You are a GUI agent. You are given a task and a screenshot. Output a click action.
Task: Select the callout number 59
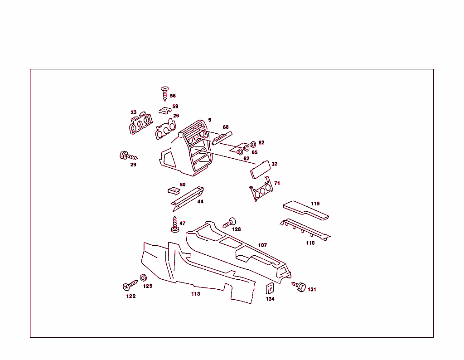(x=175, y=107)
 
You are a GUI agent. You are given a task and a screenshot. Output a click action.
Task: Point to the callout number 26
(x=176, y=116)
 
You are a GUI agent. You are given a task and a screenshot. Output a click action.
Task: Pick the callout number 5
(x=209, y=120)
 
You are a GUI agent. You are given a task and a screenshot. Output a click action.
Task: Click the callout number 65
(x=254, y=152)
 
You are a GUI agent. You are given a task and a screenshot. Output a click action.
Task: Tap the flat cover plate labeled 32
(x=261, y=170)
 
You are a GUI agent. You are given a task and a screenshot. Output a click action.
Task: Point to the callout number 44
(x=200, y=201)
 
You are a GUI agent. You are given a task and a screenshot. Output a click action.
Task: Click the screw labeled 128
(x=231, y=222)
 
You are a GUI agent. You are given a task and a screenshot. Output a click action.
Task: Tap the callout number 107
(x=262, y=245)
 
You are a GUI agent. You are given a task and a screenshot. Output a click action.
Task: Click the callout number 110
(x=310, y=243)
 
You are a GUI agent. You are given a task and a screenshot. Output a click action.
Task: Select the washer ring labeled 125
(x=143, y=278)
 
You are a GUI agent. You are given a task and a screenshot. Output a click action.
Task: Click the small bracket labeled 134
(x=270, y=289)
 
